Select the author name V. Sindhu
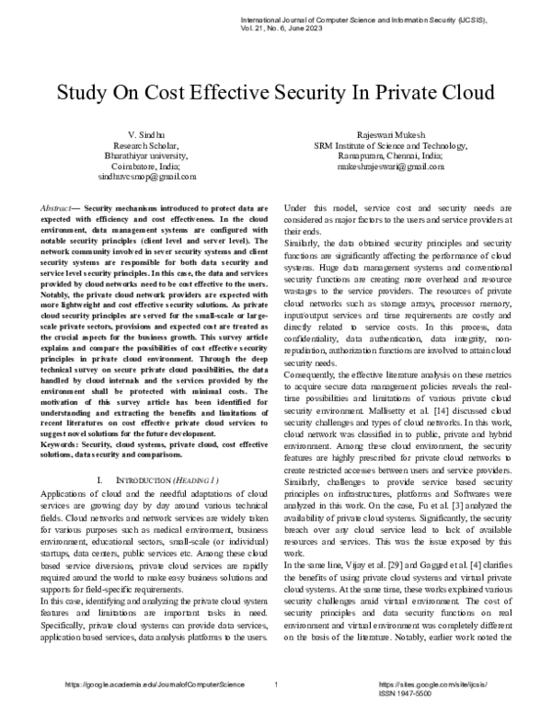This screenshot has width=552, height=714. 151,134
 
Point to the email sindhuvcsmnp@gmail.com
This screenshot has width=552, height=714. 151,176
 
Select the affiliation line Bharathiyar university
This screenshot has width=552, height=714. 151,155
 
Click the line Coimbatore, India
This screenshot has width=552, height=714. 151,166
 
